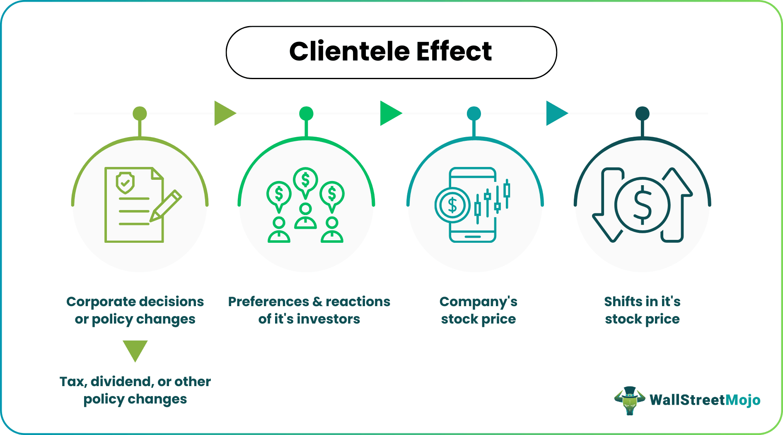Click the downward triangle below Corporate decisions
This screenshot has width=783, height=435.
[135, 349]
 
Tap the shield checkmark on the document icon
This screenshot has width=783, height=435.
[125, 183]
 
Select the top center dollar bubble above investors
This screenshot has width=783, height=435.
[305, 180]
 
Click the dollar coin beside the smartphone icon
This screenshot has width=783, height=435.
[452, 205]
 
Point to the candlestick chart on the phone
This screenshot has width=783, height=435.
[492, 201]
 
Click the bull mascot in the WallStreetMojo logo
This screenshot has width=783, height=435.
[629, 400]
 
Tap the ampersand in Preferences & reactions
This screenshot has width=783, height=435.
[317, 302]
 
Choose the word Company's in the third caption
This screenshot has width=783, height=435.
[478, 302]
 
